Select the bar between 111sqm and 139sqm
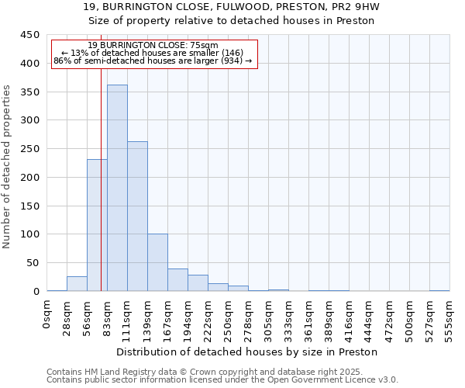[137, 217]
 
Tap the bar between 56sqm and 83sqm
[97, 225]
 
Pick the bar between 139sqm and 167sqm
[157, 262]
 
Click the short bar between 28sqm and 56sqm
[77, 284]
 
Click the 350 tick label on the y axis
[30, 92]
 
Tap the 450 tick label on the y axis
[30, 35]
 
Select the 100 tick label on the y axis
[30, 234]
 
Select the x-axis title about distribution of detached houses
[246, 352]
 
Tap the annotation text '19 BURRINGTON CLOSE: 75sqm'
[153, 46]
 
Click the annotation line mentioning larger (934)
[153, 61]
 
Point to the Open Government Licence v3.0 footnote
[222, 380]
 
